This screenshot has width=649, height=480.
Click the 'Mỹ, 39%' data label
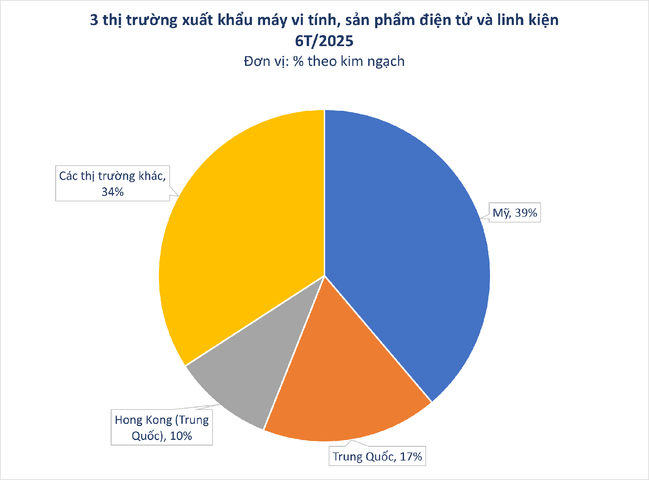coord(515,213)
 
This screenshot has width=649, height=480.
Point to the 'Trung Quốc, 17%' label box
coord(377,456)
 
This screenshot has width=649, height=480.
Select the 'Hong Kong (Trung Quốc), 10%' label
coord(162,427)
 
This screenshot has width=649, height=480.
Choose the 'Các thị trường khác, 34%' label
coord(112,183)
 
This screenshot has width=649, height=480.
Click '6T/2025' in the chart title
coord(324,41)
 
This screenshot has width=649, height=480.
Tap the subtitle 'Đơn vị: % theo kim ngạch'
coord(324,61)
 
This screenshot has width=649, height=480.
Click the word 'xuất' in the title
coord(197,20)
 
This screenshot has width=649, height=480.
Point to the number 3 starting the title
coord(94,20)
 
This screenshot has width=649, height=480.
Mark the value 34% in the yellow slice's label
coord(113,192)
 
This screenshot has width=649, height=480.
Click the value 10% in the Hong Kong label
coord(181,436)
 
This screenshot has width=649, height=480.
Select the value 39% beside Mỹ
coord(526,213)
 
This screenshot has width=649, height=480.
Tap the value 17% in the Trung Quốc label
coord(410,457)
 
